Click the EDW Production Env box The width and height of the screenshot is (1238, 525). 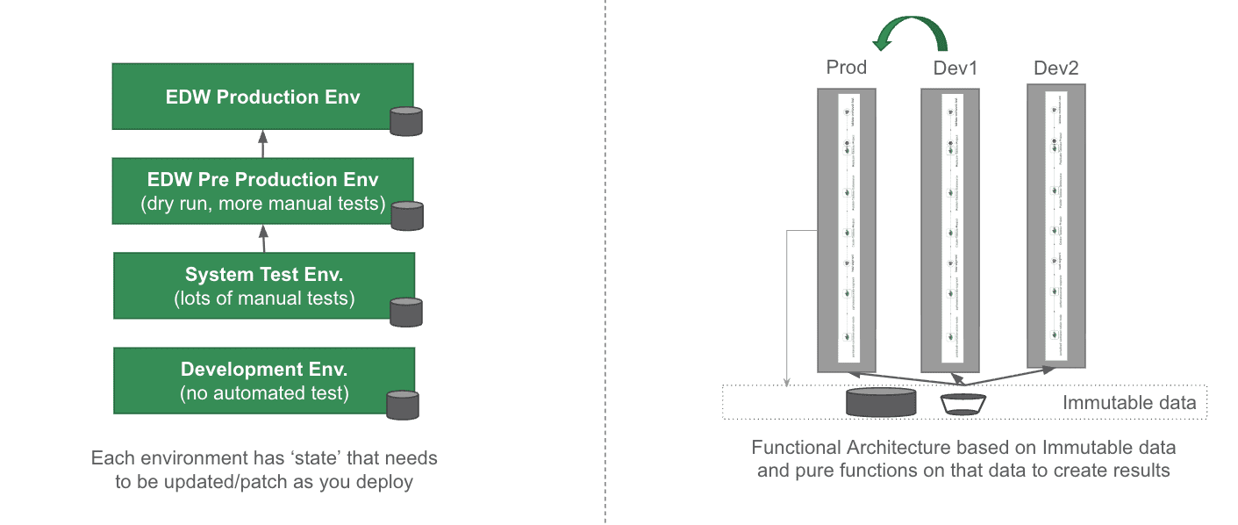pyautogui.click(x=262, y=97)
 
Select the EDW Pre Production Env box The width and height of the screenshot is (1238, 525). pyautogui.click(x=262, y=191)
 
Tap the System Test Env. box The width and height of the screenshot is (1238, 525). pyautogui.click(x=262, y=285)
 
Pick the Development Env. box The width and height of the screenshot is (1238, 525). pyautogui.click(x=262, y=380)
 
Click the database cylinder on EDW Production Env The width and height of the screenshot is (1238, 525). pyautogui.click(x=406, y=121)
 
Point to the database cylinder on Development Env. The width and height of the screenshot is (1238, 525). pyautogui.click(x=403, y=405)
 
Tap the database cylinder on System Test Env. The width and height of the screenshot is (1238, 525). pyautogui.click(x=406, y=312)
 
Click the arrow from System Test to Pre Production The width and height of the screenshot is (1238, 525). pyautogui.click(x=263, y=238)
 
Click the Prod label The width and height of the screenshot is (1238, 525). pyautogui.click(x=847, y=68)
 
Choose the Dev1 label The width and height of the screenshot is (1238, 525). pyautogui.click(x=955, y=68)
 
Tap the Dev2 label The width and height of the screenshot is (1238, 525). pyautogui.click(x=1056, y=68)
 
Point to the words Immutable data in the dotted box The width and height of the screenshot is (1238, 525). pyautogui.click(x=1129, y=403)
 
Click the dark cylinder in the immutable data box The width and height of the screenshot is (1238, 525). pyautogui.click(x=881, y=402)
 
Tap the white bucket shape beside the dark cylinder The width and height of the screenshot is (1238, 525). pyautogui.click(x=962, y=404)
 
